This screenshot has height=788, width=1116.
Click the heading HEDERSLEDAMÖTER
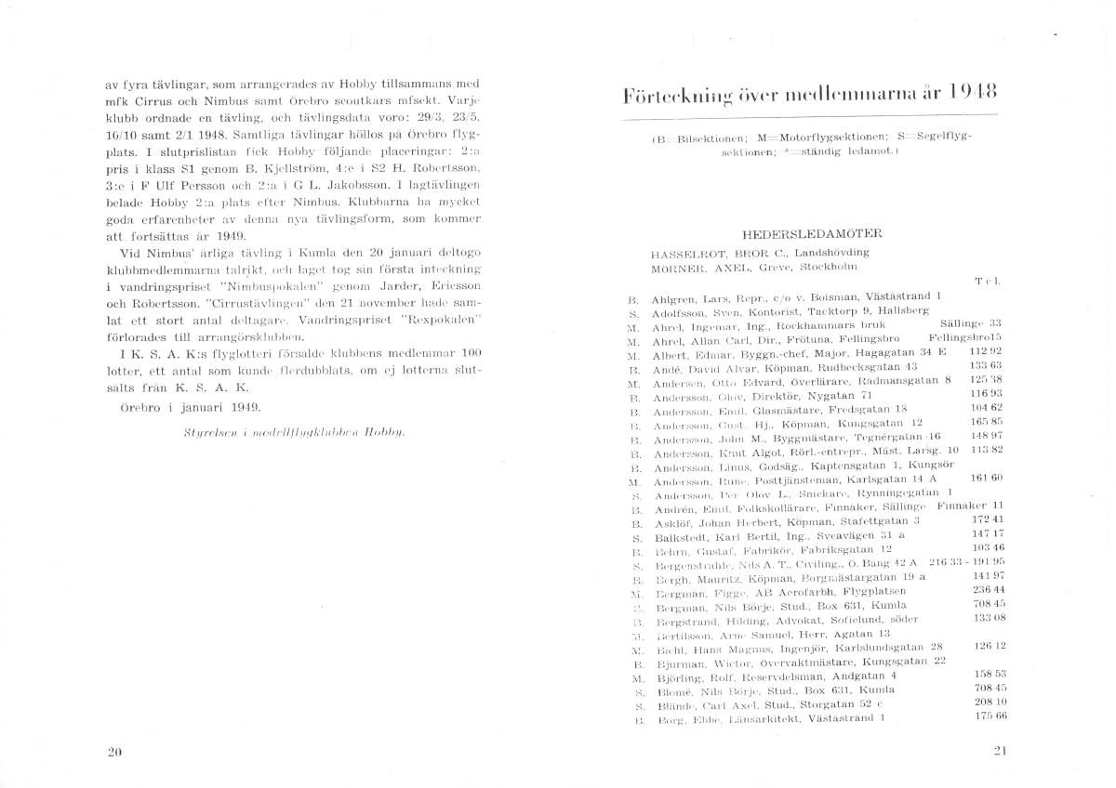click(812, 234)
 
